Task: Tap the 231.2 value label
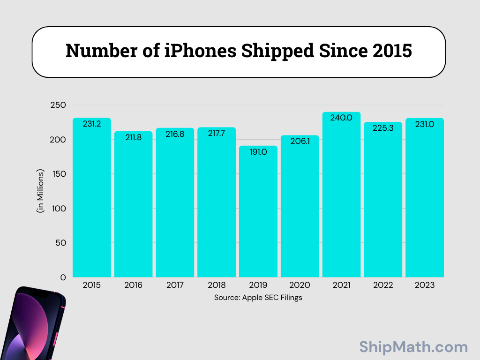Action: [x=91, y=124]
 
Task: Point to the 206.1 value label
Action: [x=300, y=142]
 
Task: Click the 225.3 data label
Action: [x=382, y=128]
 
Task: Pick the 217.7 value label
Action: [x=217, y=134]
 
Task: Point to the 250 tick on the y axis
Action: [x=58, y=105]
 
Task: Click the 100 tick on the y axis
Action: [x=59, y=209]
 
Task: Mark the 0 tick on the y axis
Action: [x=63, y=277]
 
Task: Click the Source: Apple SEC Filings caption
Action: [x=258, y=298]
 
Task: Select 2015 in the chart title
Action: [x=392, y=51]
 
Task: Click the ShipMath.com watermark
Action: [x=413, y=347]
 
